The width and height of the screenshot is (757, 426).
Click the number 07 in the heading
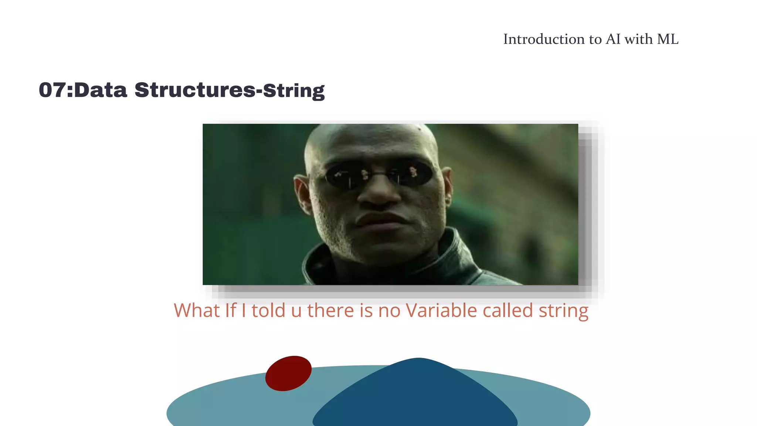point(52,90)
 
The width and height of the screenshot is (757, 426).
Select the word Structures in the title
point(195,90)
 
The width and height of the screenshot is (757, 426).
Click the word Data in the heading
point(101,90)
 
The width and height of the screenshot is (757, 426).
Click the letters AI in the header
point(613,39)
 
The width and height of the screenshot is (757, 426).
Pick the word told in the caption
point(268,310)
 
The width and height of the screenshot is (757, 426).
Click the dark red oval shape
point(288,373)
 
